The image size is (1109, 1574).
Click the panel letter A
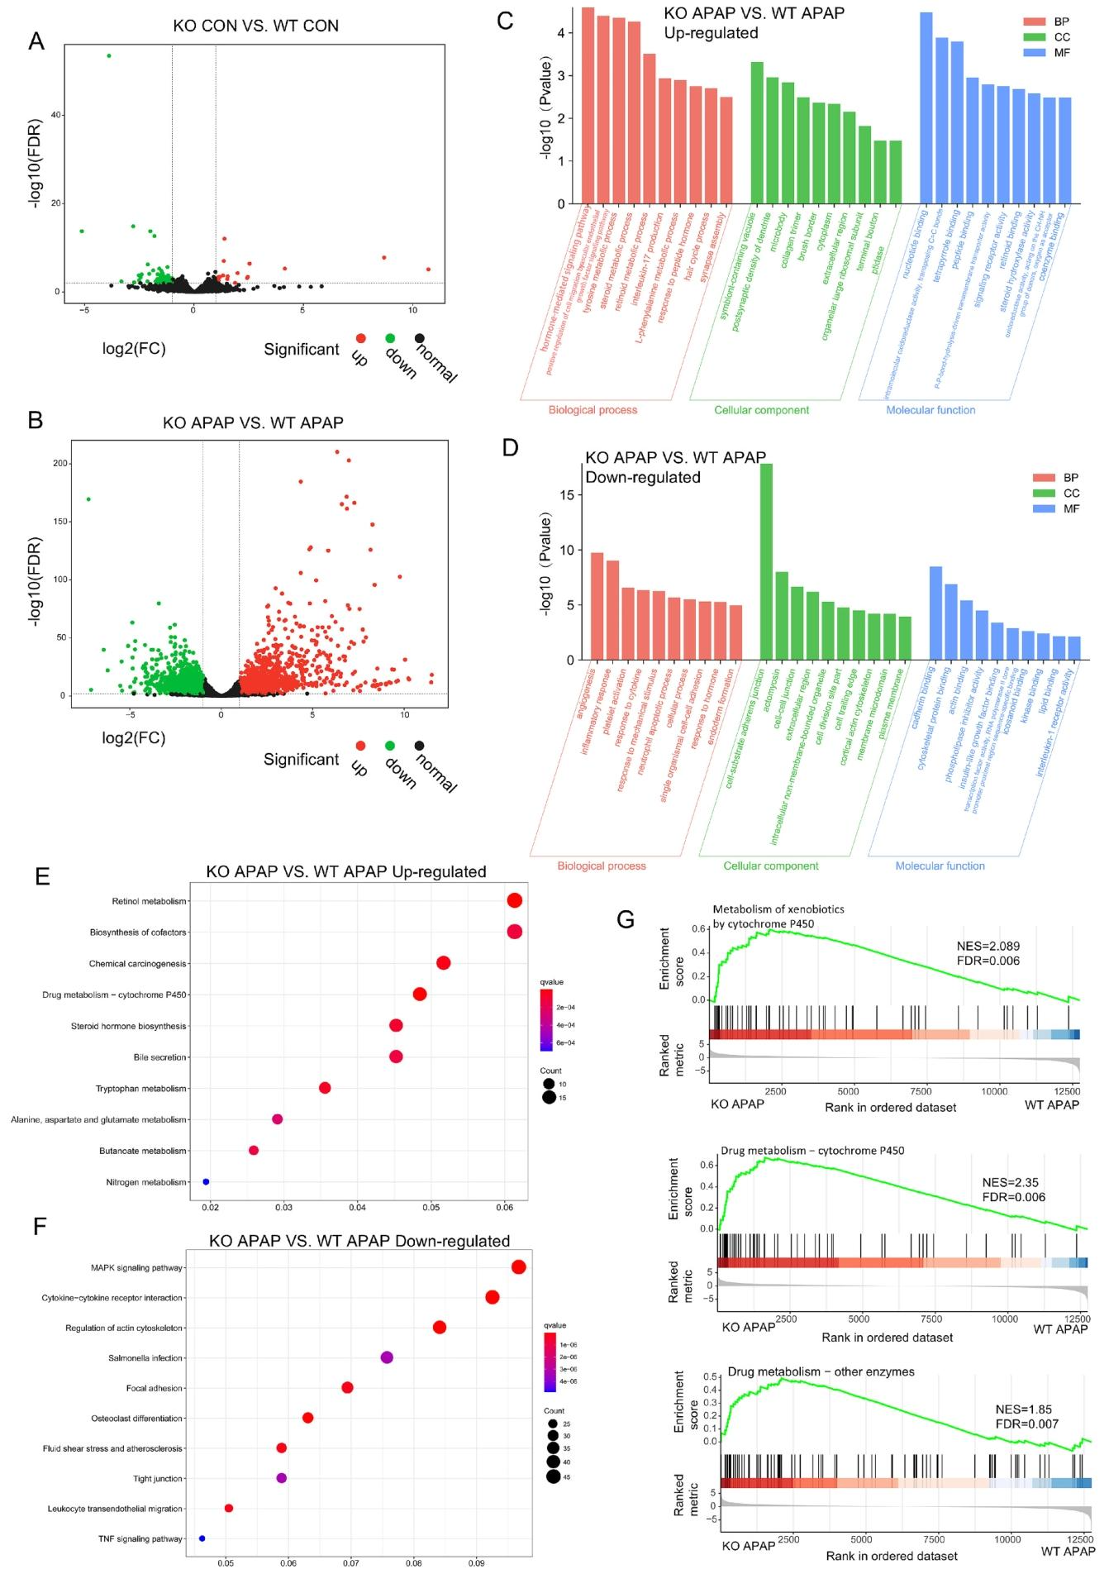point(36,41)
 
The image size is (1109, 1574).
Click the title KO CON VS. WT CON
point(255,26)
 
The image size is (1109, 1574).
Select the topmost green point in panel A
point(108,55)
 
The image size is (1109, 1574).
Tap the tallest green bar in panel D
point(766,561)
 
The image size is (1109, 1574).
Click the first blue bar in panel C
point(926,107)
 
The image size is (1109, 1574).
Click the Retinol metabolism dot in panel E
point(514,901)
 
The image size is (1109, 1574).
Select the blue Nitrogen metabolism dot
point(206,1182)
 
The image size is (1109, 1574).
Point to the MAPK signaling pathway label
point(137,1268)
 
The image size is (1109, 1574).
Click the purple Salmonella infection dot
point(387,1357)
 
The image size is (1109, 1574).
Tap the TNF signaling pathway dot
point(202,1538)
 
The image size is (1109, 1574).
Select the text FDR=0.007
point(1026,1424)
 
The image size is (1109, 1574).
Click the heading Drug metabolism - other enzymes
point(821,1371)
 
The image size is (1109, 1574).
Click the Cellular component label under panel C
point(761,410)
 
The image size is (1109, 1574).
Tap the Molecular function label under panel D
point(940,866)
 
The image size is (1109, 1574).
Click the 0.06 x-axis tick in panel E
point(504,1208)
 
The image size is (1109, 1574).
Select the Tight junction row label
point(158,1478)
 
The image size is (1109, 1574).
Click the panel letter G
point(626,918)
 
